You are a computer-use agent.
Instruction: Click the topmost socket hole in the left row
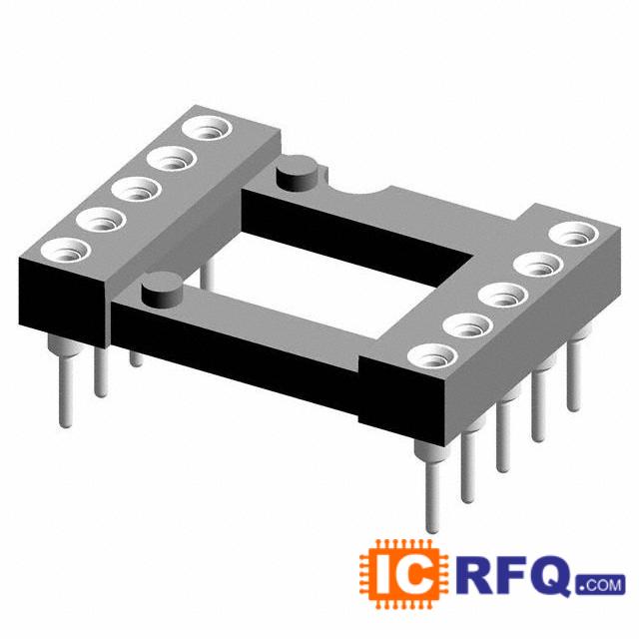tap(208, 128)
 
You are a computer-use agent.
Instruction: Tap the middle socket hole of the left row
tap(137, 190)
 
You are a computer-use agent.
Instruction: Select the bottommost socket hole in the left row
tap(66, 251)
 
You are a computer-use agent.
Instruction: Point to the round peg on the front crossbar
tap(162, 291)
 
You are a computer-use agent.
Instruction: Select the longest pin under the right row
tap(432, 486)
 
